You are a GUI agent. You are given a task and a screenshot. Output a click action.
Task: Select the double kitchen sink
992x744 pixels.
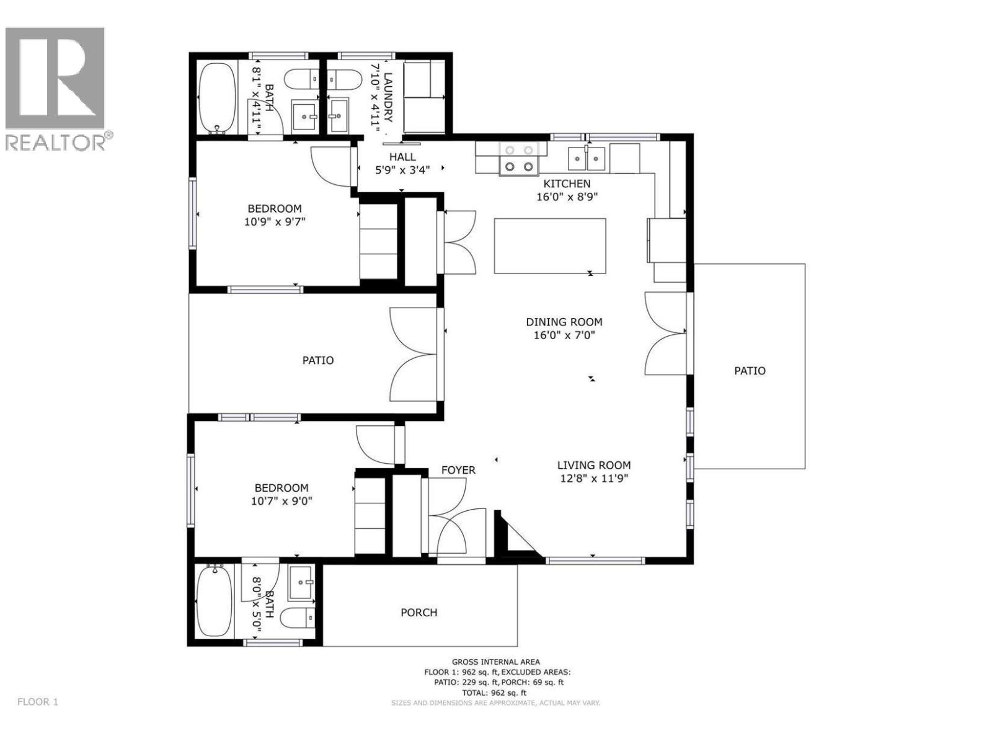(587, 159)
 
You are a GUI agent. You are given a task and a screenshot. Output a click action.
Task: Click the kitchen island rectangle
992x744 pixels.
(550, 246)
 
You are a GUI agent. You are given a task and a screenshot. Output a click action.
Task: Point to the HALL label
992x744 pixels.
(402, 157)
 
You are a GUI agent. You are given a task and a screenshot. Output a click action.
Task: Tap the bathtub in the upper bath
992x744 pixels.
(216, 98)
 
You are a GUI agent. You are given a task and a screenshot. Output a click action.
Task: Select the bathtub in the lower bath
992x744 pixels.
(215, 601)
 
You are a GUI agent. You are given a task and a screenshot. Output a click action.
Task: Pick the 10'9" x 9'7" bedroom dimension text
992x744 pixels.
(275, 221)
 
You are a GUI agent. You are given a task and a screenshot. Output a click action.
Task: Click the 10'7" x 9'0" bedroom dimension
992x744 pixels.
(281, 501)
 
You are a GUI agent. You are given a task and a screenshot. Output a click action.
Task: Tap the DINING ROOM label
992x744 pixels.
(564, 322)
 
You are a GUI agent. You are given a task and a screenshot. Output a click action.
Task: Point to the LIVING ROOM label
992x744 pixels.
(593, 465)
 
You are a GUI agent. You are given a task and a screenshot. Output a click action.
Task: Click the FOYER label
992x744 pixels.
(458, 471)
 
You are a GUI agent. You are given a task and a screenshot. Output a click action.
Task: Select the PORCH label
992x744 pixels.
(418, 613)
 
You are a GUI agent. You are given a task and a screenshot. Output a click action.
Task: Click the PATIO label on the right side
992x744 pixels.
(750, 371)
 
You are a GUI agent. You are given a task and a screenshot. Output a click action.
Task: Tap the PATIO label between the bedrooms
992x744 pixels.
(317, 360)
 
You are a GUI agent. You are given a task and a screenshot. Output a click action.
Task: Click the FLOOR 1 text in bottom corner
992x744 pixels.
(37, 702)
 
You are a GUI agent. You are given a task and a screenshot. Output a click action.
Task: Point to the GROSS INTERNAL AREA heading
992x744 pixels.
(495, 662)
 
